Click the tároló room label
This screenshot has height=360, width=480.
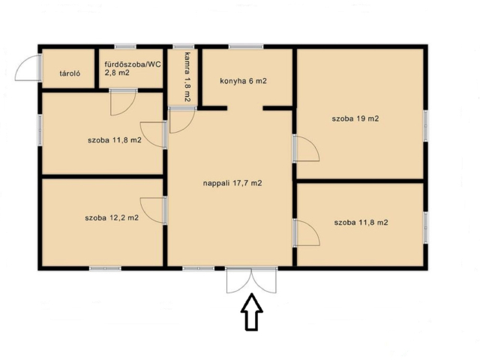pyautogui.click(x=70, y=73)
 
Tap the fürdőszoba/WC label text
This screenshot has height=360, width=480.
pyautogui.click(x=133, y=64)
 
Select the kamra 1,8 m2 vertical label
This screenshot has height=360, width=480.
pyautogui.click(x=187, y=76)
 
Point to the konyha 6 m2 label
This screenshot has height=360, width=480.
pyautogui.click(x=243, y=81)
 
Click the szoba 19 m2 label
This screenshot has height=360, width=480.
pyautogui.click(x=355, y=118)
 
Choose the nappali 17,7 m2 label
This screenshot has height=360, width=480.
pyautogui.click(x=232, y=183)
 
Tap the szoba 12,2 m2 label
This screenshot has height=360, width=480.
pyautogui.click(x=112, y=218)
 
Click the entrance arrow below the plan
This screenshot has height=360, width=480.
pyautogui.click(x=252, y=312)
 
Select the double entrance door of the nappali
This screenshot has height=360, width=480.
pyautogui.click(x=252, y=280)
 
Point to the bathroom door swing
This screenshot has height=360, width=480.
pyautogui.click(x=123, y=102)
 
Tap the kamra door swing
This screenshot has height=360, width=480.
pyautogui.click(x=181, y=120)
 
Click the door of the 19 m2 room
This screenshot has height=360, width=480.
pyautogui.click(x=306, y=148)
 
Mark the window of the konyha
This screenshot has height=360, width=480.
pyautogui.click(x=246, y=46)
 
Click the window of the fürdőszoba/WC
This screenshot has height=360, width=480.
pyautogui.click(x=125, y=46)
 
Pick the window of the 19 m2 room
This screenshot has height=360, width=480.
pyautogui.click(x=425, y=125)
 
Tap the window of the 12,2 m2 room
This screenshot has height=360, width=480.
pyautogui.click(x=105, y=268)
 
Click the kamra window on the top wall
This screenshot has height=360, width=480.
pyautogui.click(x=184, y=46)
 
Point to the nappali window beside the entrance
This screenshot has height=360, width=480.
pyautogui.click(x=199, y=268)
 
